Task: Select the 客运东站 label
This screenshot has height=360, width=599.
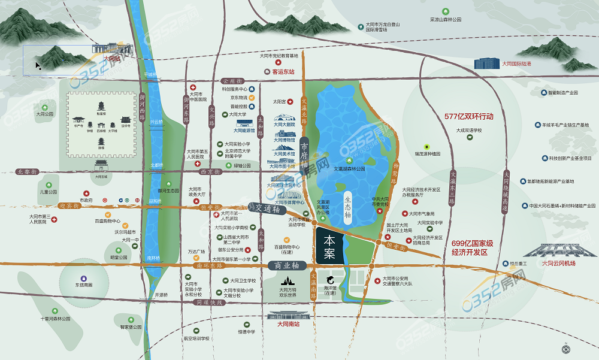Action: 284,71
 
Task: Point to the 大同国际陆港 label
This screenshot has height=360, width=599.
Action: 521,63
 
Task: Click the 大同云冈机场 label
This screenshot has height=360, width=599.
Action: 558,263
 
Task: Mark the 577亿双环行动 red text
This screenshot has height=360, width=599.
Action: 469,116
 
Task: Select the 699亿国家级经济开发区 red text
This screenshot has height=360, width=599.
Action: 472,248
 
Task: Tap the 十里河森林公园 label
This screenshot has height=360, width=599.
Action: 55,319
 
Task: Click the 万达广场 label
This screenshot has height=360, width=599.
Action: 196,252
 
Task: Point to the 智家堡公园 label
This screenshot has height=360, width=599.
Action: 131,327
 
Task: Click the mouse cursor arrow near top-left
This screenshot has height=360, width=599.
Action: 38,65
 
